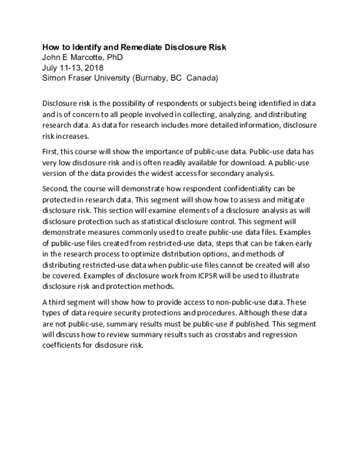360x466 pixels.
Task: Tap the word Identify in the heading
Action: click(80, 47)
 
